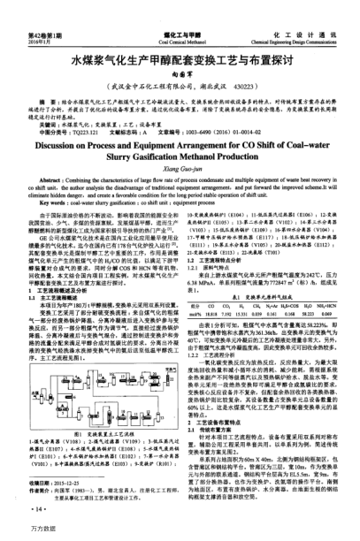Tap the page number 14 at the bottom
click(x=37, y=511)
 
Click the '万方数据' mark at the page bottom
click(x=20, y=532)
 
